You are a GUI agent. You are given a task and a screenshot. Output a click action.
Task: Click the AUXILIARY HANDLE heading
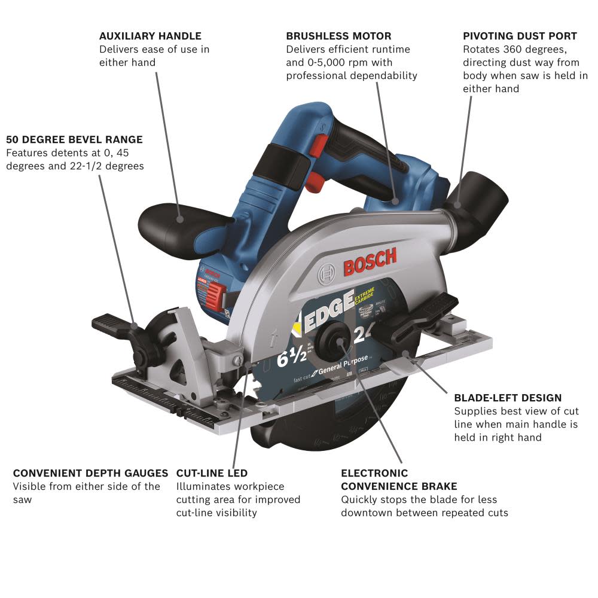(150, 36)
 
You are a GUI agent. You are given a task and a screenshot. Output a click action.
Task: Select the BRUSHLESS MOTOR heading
(338, 36)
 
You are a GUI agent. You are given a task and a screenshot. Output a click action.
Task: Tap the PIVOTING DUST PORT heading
(520, 36)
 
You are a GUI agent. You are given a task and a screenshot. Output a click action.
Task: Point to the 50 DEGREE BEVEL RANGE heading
(74, 139)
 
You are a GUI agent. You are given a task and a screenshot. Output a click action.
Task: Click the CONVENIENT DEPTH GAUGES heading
(90, 473)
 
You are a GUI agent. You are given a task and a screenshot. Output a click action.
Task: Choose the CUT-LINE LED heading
(212, 473)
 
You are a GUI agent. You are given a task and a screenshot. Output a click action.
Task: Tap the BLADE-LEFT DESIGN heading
(508, 398)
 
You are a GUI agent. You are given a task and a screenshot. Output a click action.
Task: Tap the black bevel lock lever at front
(117, 326)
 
